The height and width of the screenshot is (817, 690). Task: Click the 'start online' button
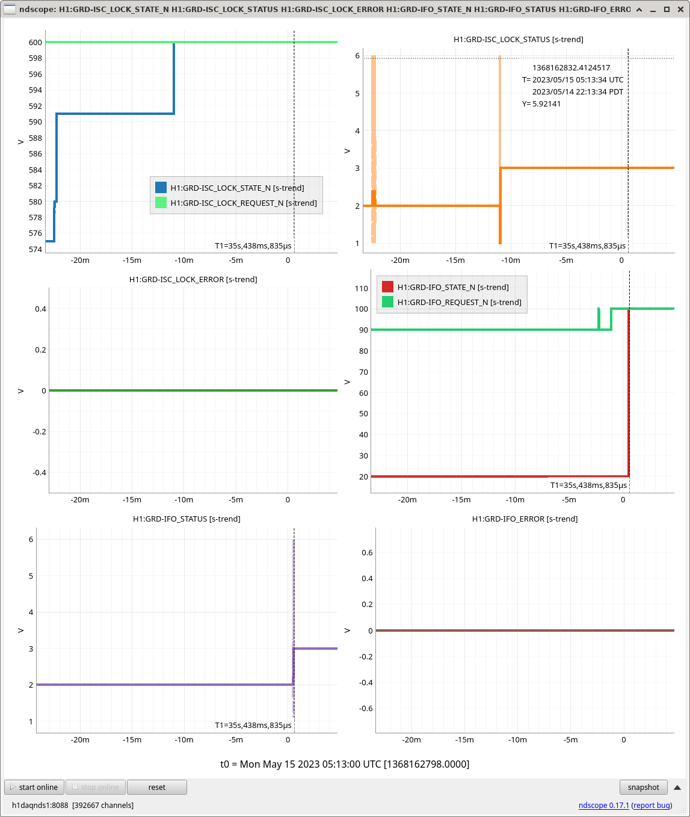pyautogui.click(x=34, y=787)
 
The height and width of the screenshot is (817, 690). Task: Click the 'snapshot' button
pyautogui.click(x=643, y=787)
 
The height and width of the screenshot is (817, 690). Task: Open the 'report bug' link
pyautogui.click(x=651, y=805)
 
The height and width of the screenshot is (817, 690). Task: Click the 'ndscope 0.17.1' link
pyautogui.click(x=603, y=805)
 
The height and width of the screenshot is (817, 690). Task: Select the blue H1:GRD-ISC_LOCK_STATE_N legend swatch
pyautogui.click(x=161, y=188)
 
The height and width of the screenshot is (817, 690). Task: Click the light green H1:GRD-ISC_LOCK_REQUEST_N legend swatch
pyautogui.click(x=161, y=203)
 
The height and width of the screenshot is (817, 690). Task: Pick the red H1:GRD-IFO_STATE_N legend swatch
pyautogui.click(x=387, y=287)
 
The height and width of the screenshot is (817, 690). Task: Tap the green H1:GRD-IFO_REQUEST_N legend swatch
pyautogui.click(x=387, y=301)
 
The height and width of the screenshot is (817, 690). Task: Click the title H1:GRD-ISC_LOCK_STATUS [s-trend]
pyautogui.click(x=518, y=39)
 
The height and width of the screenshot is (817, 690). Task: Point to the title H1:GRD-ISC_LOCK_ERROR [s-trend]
pyautogui.click(x=193, y=279)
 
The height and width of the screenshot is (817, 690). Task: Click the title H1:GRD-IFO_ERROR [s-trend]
pyautogui.click(x=525, y=519)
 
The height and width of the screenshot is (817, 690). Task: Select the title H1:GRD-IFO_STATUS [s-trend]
pyautogui.click(x=186, y=519)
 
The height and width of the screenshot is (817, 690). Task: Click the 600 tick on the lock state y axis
pyautogui.click(x=35, y=42)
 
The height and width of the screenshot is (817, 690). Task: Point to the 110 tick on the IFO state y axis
pyautogui.click(x=361, y=288)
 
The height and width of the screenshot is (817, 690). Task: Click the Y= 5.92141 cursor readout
pyautogui.click(x=541, y=103)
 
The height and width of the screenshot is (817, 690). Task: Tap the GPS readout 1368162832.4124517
pyautogui.click(x=571, y=68)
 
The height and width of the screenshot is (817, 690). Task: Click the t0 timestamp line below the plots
pyautogui.click(x=345, y=764)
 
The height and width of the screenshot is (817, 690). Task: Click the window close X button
pyautogui.click(x=680, y=9)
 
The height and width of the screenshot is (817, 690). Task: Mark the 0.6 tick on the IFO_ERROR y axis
pyautogui.click(x=367, y=552)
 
